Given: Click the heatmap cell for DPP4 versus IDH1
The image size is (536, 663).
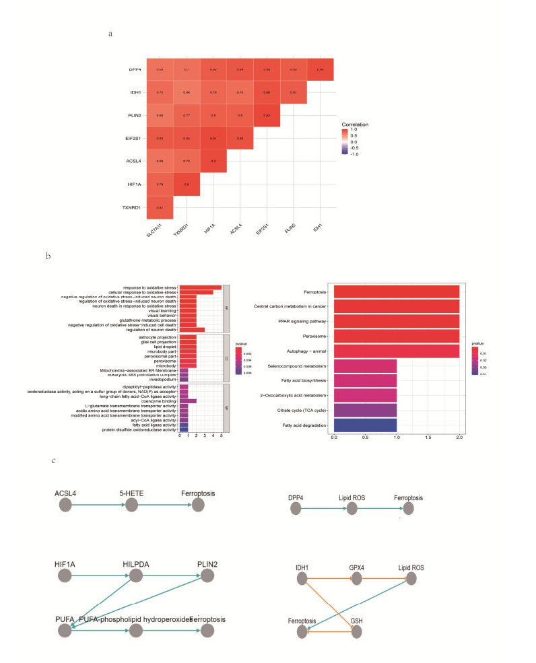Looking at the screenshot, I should (320, 69).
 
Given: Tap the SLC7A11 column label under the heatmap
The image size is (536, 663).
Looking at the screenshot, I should (156, 233).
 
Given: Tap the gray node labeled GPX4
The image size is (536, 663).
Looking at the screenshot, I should (357, 576).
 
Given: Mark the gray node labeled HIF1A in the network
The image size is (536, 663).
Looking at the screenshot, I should (65, 575).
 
